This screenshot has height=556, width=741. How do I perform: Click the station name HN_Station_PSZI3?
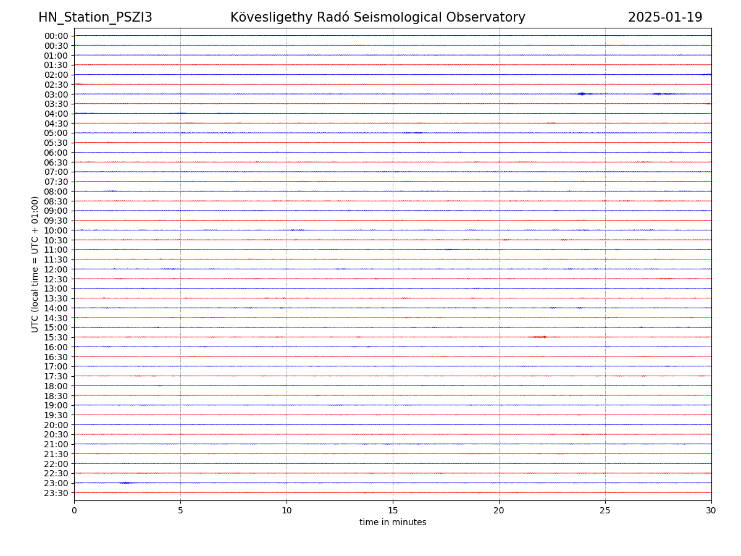point(95,17)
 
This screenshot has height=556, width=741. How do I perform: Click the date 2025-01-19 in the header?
point(665,17)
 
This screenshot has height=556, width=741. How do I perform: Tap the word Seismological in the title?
point(410,17)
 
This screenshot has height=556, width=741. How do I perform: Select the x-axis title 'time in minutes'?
point(393,522)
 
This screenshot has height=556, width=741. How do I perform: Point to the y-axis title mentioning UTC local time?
point(35,264)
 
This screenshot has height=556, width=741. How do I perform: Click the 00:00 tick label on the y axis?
point(56,36)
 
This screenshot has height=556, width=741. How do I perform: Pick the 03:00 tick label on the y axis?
point(56,94)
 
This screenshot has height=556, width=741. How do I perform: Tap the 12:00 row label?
point(56,269)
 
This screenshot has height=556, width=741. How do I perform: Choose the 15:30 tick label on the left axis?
point(56,337)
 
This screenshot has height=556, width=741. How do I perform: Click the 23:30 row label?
point(56,493)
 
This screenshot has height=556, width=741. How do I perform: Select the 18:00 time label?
point(56,386)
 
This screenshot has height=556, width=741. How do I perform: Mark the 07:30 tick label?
point(56,182)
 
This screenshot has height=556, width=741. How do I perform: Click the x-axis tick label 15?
point(393,510)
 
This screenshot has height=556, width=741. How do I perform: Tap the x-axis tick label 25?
point(605,510)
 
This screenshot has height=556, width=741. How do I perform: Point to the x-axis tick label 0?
point(74,510)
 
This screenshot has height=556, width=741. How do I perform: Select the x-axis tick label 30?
point(711,510)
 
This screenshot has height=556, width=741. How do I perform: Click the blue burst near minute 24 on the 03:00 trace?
point(582,94)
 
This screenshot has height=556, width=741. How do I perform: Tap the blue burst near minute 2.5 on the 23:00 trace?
point(125,482)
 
